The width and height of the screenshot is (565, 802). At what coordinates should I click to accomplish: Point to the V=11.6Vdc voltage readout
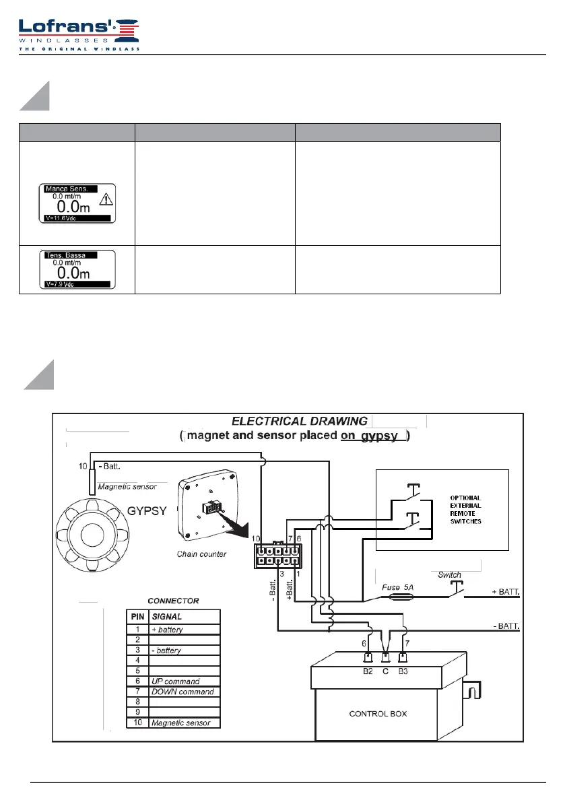[x=61, y=219]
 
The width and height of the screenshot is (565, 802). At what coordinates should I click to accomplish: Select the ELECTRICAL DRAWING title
[x=299, y=422]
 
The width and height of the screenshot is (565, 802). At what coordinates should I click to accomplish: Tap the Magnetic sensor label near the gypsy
[x=128, y=486]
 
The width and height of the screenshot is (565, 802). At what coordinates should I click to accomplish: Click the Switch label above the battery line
[x=449, y=574]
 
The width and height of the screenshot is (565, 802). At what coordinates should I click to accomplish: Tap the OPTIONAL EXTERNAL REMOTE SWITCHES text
[x=465, y=510]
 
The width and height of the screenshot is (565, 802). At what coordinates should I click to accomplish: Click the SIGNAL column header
[x=167, y=616]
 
